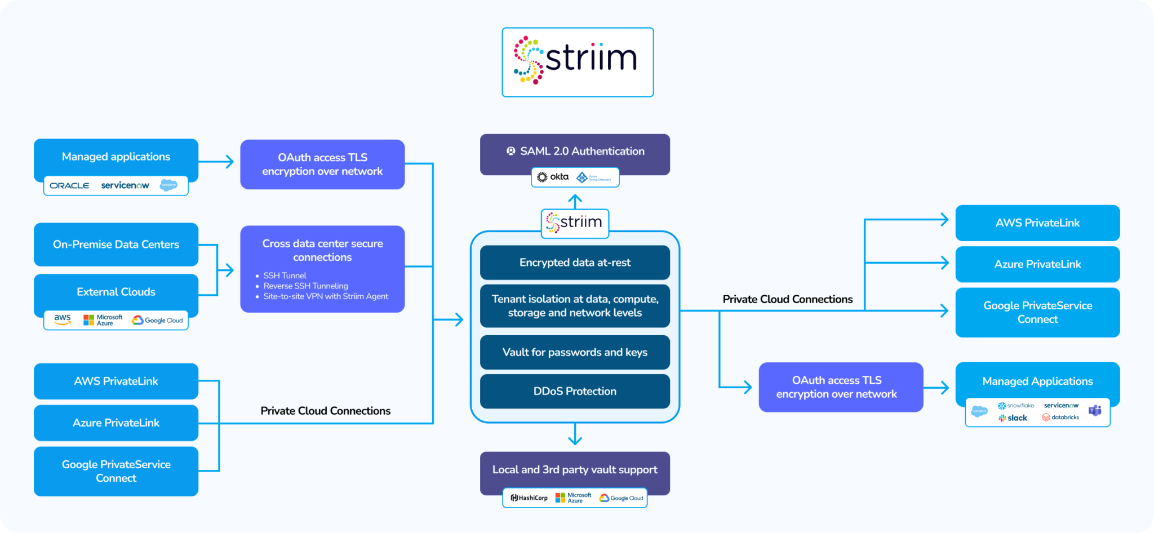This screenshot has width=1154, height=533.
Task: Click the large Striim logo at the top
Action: (578, 61)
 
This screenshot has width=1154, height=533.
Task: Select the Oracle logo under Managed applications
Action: (69, 185)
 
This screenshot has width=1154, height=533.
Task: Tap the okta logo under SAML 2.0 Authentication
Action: (553, 177)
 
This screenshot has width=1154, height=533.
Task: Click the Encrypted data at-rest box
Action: (575, 263)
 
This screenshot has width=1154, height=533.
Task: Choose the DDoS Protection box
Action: (575, 391)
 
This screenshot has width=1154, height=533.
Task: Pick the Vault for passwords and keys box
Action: (575, 352)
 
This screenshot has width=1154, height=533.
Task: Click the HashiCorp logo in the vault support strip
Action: (529, 498)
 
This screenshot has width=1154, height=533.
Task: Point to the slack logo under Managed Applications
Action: (1013, 418)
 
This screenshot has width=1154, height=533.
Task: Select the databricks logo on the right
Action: (1060, 417)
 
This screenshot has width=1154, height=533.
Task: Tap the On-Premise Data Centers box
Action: (116, 245)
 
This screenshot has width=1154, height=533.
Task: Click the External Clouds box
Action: (116, 292)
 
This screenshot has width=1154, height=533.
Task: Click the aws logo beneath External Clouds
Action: (63, 319)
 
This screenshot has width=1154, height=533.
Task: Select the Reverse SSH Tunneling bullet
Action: (305, 286)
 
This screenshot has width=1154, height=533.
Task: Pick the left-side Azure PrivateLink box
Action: (116, 423)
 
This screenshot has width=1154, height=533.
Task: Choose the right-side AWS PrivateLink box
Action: (1037, 223)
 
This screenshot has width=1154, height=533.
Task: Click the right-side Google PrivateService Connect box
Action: (1037, 312)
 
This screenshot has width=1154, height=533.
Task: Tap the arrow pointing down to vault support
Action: (575, 435)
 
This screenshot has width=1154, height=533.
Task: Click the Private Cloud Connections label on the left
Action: (325, 411)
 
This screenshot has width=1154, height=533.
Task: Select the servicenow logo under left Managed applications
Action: (125, 185)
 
